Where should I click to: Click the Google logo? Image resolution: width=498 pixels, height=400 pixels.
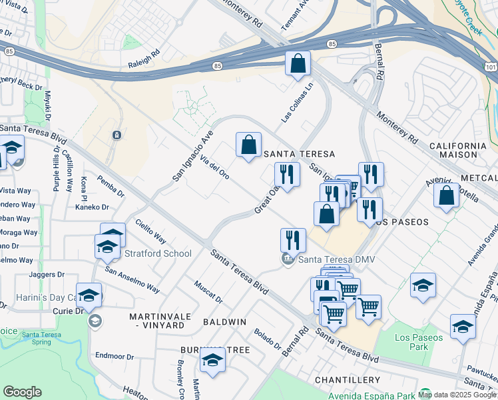click(x=22, y=392)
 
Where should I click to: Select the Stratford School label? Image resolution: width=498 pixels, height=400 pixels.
click(x=158, y=253)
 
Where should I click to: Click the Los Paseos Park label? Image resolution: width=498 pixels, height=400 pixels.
click(x=418, y=342)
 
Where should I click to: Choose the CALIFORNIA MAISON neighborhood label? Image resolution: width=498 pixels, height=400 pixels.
click(x=457, y=150)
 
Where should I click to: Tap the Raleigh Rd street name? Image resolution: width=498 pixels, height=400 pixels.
click(x=144, y=57)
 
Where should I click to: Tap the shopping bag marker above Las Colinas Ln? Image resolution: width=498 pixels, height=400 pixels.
click(x=298, y=64)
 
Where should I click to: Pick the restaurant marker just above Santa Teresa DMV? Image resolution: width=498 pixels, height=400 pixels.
click(x=293, y=240)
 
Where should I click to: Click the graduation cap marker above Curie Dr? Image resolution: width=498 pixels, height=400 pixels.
click(x=89, y=295)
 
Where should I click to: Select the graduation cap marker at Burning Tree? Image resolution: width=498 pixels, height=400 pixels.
click(x=212, y=360)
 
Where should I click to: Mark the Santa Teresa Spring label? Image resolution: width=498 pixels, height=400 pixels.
click(x=42, y=339)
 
